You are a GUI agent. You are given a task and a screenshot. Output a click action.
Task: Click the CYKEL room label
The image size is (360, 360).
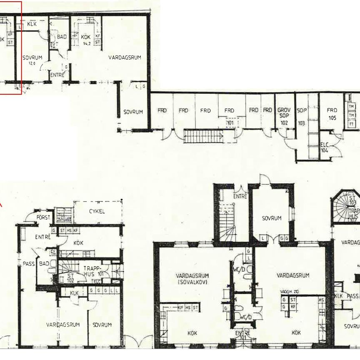(x=97, y=211)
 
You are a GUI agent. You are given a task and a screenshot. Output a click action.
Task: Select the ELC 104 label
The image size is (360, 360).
(x=325, y=147)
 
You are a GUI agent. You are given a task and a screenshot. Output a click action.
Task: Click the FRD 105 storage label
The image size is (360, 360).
(x=332, y=113)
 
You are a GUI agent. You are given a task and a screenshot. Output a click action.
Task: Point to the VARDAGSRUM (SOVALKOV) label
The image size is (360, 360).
(x=192, y=279)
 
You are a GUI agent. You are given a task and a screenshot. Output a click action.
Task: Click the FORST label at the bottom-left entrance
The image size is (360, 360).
(x=43, y=217)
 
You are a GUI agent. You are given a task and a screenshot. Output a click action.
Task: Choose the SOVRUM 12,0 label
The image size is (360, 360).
(x=30, y=60)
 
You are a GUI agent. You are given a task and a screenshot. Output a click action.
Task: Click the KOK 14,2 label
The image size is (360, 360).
(x=86, y=40)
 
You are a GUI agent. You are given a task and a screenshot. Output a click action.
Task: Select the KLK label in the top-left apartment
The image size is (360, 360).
(x=32, y=24)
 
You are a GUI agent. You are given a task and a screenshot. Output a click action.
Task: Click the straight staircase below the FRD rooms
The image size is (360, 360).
(x=204, y=135)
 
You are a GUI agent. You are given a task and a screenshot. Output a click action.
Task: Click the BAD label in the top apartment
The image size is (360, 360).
(x=62, y=37)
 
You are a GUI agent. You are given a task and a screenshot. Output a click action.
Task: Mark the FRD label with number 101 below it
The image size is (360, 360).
(x=229, y=113)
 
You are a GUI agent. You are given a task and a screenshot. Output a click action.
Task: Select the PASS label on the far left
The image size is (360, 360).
(x=28, y=264)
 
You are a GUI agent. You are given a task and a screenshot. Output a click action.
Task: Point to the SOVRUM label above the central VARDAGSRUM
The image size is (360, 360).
(x=272, y=218)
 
